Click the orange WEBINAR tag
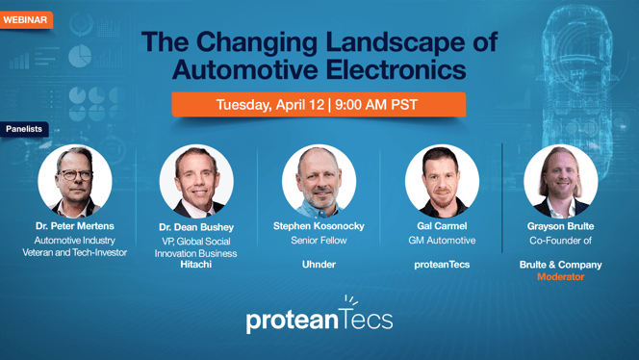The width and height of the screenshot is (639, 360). tap(26, 19)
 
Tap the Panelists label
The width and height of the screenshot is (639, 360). tap(24, 128)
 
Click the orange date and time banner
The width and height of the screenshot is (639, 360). tap(319, 104)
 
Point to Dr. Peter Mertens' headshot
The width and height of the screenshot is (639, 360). tap(75, 180)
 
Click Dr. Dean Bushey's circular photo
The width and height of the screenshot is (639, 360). tap(196, 181)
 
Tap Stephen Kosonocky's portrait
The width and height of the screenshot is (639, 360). tap(319, 181)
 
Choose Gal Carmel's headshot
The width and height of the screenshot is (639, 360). tap(442, 181)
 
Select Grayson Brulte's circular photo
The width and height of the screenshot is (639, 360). tap(561, 181)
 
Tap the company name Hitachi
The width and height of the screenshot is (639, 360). tap(196, 264)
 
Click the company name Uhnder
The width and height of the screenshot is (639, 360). tap(319, 264)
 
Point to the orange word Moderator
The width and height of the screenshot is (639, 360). tap(561, 276)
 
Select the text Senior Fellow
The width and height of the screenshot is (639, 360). tap(319, 241)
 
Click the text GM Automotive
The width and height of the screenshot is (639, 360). tap(442, 241)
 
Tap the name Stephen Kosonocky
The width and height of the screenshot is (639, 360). tap(319, 226)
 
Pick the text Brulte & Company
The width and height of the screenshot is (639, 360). tap(561, 264)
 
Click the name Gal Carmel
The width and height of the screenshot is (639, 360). tap(442, 226)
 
